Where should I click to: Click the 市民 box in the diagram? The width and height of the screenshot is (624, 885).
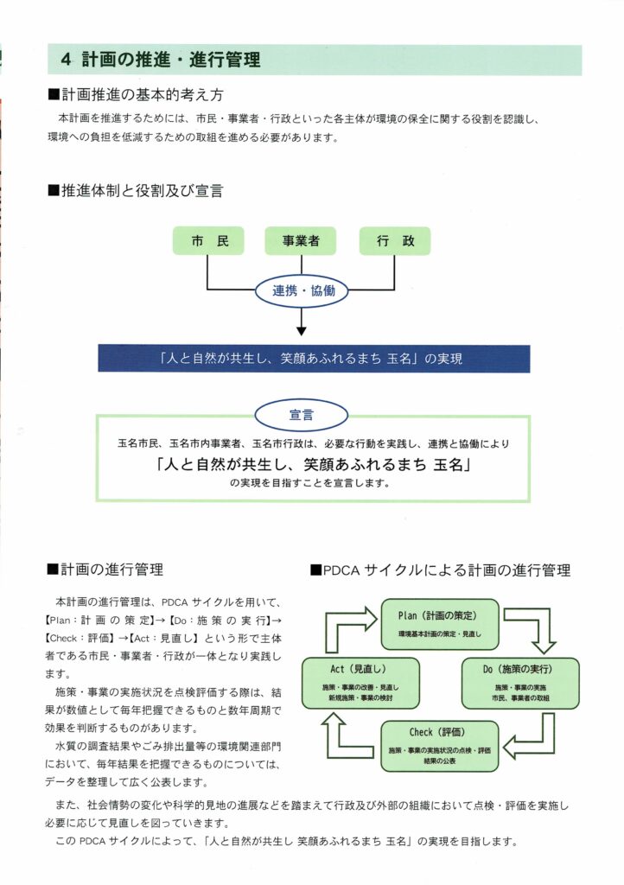click(208, 241)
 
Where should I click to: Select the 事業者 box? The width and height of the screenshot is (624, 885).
click(301, 241)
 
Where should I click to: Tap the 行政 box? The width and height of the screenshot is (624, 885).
click(395, 241)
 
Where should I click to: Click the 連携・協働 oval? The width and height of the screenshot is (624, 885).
click(302, 290)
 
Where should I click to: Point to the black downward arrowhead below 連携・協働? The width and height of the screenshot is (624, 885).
click(302, 330)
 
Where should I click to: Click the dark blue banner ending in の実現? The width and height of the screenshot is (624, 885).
click(314, 359)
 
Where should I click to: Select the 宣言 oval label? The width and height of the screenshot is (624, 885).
click(302, 416)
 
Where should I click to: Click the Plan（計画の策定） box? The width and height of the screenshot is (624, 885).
click(440, 624)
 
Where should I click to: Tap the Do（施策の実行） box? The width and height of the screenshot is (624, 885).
click(520, 683)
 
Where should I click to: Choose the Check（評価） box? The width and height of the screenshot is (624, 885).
click(440, 746)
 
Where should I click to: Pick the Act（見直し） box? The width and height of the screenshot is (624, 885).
click(360, 683)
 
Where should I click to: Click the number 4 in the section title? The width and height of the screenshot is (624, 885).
click(66, 60)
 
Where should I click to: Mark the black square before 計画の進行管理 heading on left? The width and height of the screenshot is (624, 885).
click(53, 570)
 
